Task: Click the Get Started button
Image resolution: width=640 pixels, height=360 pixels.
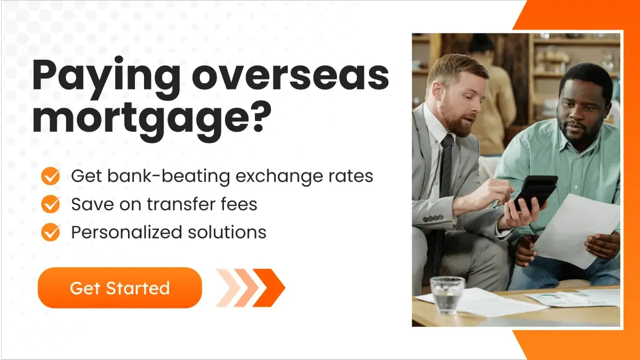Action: click(119, 288)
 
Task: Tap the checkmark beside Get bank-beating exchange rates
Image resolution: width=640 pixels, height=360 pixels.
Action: click(51, 176)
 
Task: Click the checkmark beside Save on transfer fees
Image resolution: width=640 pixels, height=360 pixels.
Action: click(51, 204)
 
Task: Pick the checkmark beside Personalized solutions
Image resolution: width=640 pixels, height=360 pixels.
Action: click(51, 232)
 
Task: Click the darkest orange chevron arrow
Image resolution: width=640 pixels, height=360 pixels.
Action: click(269, 288)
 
